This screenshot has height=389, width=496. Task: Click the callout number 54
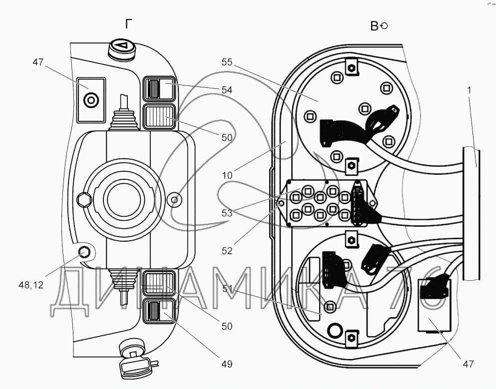[227, 90]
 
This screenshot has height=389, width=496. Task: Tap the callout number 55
[227, 62]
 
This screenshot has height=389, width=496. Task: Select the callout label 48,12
[31, 285]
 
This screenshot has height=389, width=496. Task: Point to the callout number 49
[227, 365]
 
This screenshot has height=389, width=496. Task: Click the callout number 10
[227, 175]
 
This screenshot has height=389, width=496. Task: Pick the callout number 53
[227, 213]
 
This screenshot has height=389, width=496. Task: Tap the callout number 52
[227, 251]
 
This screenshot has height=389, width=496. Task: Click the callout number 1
[470, 90]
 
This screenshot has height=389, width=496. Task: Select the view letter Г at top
[128, 24]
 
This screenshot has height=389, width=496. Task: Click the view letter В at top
[374, 26]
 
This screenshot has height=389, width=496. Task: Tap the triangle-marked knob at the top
[122, 49]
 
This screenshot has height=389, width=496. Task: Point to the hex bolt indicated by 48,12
[84, 252]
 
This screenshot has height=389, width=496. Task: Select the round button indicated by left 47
[91, 100]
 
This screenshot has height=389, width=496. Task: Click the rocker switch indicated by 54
[159, 89]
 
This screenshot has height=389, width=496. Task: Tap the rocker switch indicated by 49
[159, 311]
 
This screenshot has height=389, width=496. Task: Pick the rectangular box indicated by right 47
[435, 305]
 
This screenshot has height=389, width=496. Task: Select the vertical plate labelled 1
[471, 213]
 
